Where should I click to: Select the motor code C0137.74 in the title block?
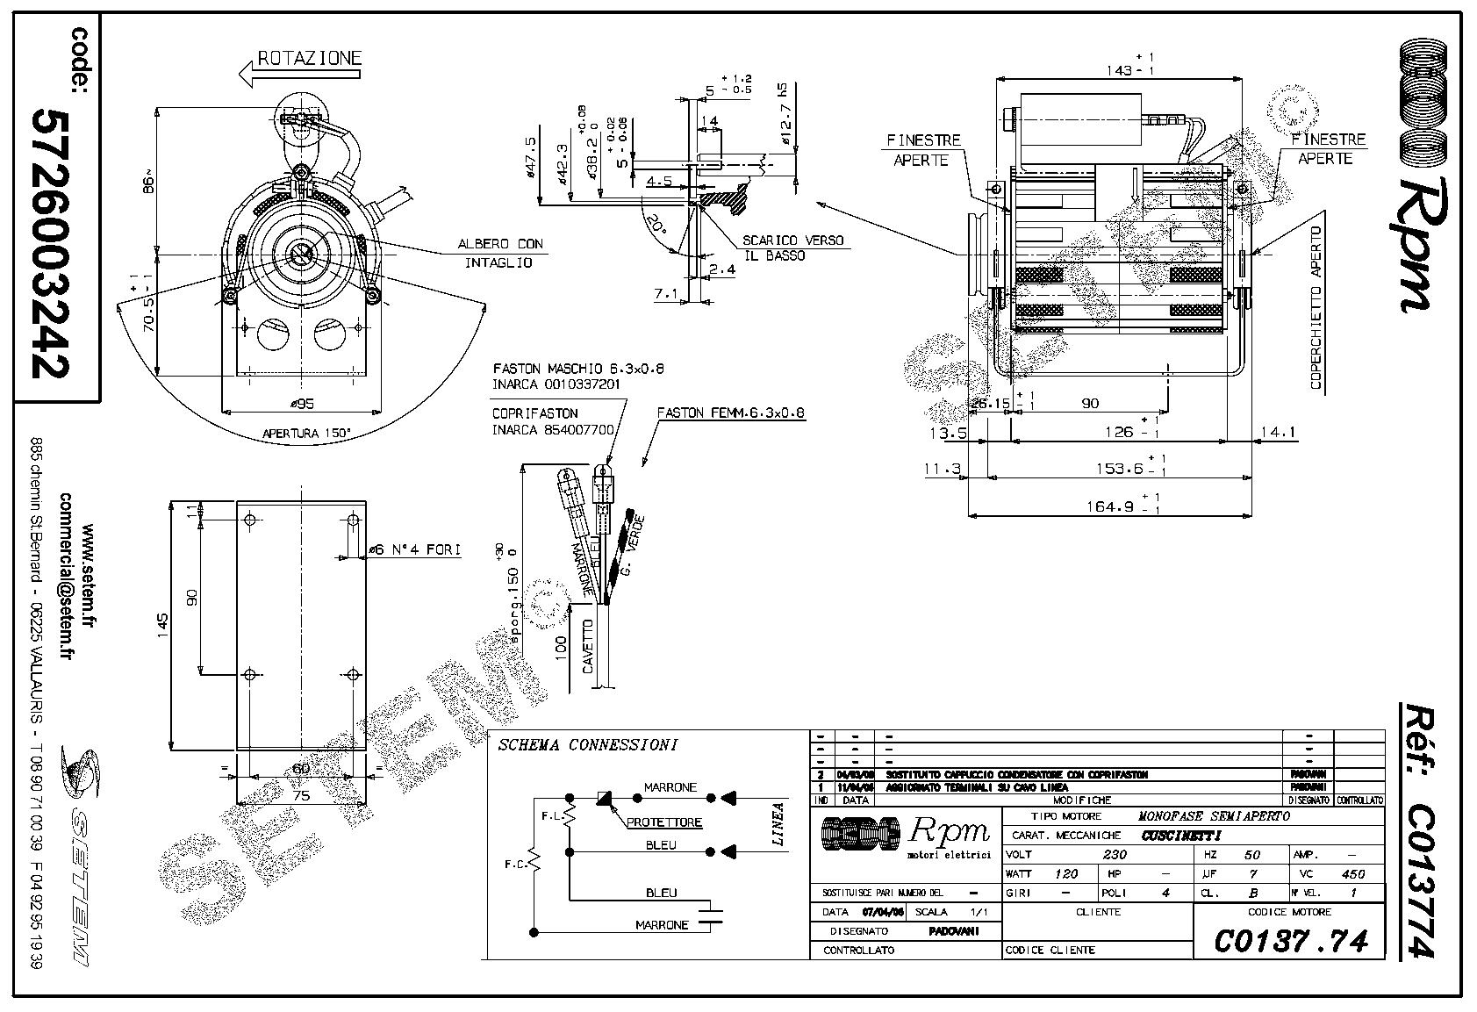[1290, 940]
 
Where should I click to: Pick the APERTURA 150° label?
[306, 433]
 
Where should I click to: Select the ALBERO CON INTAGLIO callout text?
[499, 253]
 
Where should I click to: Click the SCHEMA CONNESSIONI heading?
[587, 745]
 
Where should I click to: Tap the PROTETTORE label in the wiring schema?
[664, 822]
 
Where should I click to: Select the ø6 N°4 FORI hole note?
[414, 549]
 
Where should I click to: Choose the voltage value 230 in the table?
[1115, 854]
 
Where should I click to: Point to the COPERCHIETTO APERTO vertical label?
[1316, 307]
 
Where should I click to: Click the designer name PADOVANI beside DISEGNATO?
[953, 930]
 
